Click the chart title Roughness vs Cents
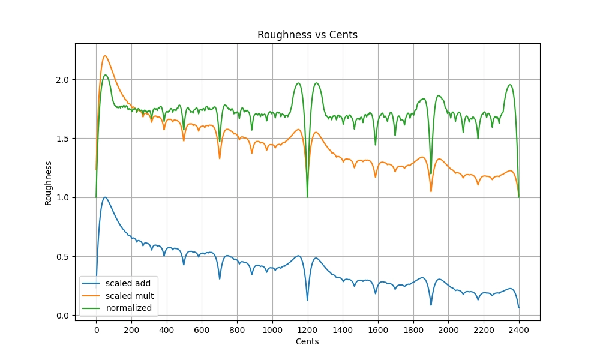307,35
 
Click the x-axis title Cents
307,341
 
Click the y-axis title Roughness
48,182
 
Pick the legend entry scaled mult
130,296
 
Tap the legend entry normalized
128,308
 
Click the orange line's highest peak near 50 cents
105,56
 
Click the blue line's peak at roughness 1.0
105,197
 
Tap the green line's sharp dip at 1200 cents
307,197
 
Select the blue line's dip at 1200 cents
307,300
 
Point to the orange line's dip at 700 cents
220,158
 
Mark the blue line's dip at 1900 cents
431,305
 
